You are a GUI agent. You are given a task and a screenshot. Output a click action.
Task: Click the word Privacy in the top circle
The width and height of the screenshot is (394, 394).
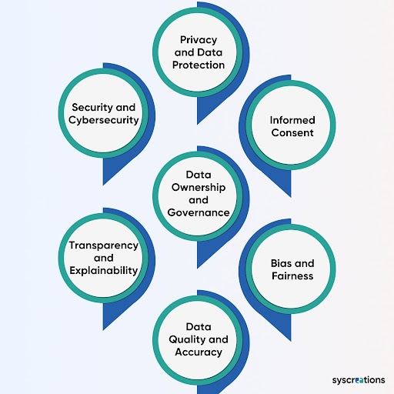click(199, 40)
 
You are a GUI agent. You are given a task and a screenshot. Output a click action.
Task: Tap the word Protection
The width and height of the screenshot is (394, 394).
click(199, 65)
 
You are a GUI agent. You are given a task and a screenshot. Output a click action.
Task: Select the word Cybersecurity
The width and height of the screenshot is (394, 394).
click(104, 120)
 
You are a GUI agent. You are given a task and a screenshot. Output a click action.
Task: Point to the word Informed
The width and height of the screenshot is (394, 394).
click(292, 120)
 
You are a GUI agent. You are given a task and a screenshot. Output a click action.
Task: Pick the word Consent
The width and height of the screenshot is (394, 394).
click(292, 132)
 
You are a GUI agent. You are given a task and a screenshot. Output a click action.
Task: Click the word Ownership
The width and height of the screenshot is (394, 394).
click(199, 188)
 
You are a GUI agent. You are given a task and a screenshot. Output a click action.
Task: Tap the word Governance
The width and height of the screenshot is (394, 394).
click(199, 212)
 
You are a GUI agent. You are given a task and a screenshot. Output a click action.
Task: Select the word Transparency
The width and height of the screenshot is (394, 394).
click(104, 245)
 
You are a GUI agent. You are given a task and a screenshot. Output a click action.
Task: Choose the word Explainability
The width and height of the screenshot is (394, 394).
click(104, 271)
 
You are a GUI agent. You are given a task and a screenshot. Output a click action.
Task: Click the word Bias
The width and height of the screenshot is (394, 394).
click(279, 263)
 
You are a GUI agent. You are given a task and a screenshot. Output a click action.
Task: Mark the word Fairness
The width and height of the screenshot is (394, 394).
click(292, 275)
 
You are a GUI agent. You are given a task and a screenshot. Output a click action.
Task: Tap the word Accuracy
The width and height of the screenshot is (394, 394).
click(199, 352)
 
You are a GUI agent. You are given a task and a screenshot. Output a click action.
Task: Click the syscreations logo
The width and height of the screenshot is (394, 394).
click(359, 380)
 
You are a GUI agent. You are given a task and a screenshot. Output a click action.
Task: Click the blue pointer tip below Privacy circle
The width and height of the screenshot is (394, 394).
click(197, 124)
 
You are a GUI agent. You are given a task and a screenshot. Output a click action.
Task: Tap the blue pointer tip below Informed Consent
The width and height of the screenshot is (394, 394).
click(291, 197)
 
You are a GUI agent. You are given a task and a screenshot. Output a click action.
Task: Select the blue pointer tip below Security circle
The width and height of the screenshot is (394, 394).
click(103, 185)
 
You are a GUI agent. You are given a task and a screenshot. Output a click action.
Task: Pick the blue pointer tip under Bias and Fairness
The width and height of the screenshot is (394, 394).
click(291, 341)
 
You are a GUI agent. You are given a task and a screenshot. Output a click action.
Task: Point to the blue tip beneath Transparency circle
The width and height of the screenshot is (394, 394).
click(103, 330)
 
